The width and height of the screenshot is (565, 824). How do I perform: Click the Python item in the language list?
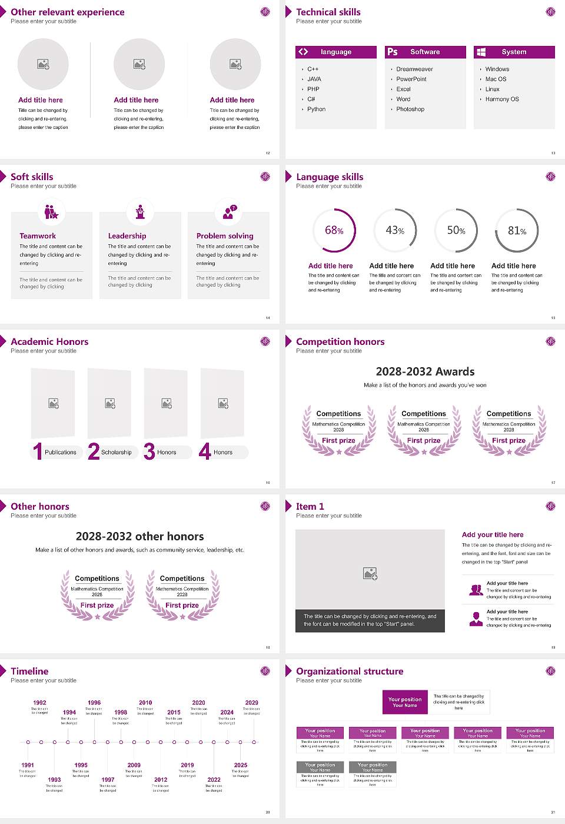click(316, 109)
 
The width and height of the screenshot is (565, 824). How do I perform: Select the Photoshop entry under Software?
click(410, 109)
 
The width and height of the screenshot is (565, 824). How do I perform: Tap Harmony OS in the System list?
click(502, 99)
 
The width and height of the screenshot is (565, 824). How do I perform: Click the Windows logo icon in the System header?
click(481, 52)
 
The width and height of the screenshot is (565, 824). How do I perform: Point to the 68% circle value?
click(334, 230)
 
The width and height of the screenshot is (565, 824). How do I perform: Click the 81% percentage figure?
click(517, 231)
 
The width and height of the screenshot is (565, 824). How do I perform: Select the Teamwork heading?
click(38, 235)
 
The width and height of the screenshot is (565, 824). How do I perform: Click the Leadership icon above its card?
click(140, 212)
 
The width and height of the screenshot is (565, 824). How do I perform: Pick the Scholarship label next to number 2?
click(116, 452)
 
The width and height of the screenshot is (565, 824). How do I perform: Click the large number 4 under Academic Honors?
click(205, 451)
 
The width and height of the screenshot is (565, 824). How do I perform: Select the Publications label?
click(61, 452)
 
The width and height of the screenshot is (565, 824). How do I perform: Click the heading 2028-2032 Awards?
click(425, 371)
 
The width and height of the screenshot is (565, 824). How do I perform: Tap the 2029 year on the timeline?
click(251, 702)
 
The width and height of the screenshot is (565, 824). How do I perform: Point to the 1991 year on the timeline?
click(28, 765)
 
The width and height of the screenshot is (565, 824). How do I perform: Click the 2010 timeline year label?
click(145, 702)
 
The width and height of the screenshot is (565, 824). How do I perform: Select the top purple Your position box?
click(405, 702)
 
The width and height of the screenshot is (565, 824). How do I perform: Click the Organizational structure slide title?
click(350, 671)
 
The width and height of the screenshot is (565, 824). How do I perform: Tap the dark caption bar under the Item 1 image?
click(370, 620)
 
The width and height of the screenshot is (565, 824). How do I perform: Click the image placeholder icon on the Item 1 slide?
click(370, 573)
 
